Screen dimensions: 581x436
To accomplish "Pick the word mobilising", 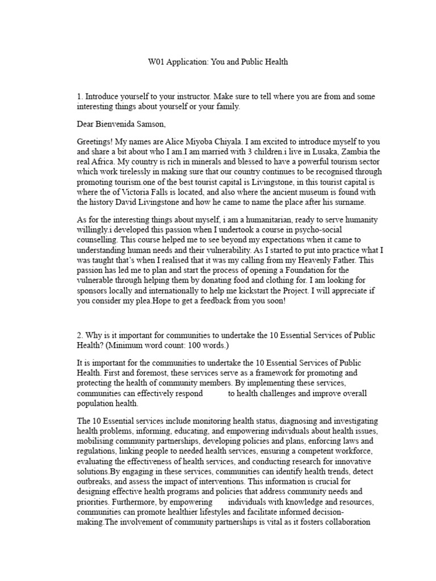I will [x=96, y=441].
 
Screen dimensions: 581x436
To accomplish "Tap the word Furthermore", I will [x=135, y=502].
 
